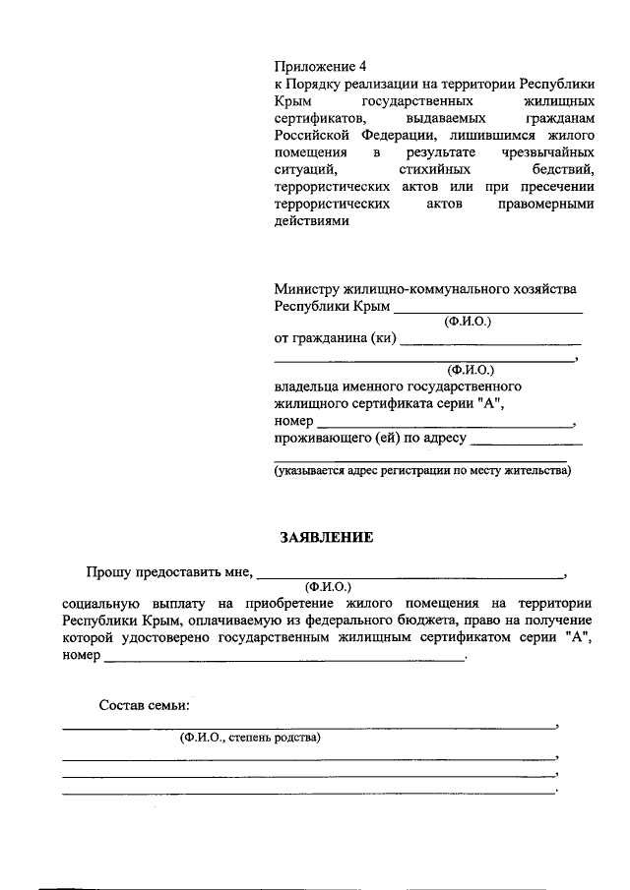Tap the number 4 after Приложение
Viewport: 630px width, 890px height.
(x=363, y=67)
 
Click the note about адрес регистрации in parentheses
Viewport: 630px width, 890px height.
(x=422, y=471)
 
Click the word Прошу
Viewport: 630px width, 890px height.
(x=106, y=569)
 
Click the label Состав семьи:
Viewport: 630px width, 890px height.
(x=145, y=705)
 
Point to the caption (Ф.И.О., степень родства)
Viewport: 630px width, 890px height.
(x=249, y=738)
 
